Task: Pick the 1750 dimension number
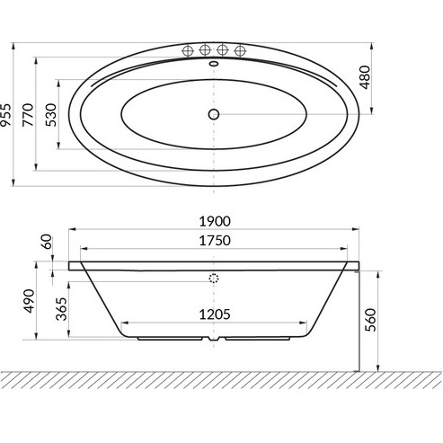[215, 241]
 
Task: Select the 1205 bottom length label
[215, 314]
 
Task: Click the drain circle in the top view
[214, 114]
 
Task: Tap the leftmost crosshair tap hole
[190, 50]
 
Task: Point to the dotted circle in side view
[214, 279]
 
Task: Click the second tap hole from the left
[206, 50]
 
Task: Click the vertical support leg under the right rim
[359, 319]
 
